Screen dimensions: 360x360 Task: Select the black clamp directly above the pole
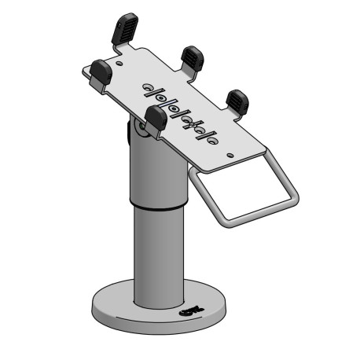tap(156, 118)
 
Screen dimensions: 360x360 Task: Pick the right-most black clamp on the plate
tap(237, 100)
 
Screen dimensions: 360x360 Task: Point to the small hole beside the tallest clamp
tap(119, 57)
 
